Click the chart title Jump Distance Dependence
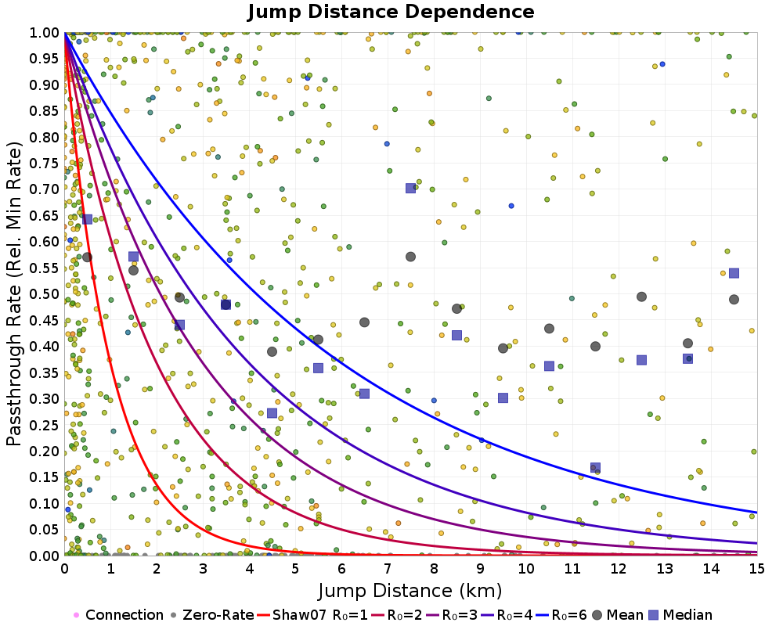(x=391, y=12)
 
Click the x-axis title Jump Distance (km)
(x=410, y=589)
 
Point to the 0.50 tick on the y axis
(x=47, y=294)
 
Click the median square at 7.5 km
(x=410, y=188)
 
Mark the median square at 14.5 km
(x=734, y=273)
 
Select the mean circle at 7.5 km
(x=410, y=257)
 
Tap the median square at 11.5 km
(x=595, y=468)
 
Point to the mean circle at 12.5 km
(x=641, y=297)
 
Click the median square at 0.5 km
(x=87, y=219)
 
